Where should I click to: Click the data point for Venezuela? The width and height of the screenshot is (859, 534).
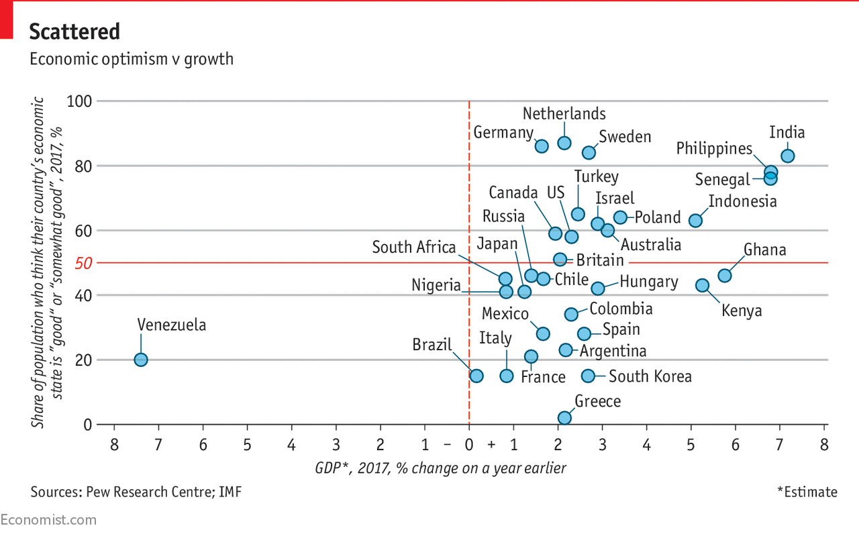tap(140, 360)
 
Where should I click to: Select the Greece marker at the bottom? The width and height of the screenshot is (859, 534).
tap(564, 418)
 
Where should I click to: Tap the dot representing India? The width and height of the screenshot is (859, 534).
tap(788, 156)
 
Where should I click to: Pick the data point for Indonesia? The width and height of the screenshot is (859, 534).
tap(695, 220)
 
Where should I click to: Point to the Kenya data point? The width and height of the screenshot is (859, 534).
tap(702, 285)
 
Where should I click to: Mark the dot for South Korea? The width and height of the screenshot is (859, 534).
tap(588, 376)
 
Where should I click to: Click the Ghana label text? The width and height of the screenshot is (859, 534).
tap(764, 250)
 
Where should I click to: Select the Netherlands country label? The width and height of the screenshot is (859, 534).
tap(564, 113)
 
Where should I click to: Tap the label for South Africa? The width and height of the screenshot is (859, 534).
tap(414, 247)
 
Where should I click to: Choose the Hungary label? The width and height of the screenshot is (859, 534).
tap(648, 282)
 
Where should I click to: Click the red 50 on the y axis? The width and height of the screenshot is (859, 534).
tap(83, 263)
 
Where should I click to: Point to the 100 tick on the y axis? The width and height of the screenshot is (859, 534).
tap(80, 101)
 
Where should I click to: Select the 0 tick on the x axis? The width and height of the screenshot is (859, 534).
tap(468, 445)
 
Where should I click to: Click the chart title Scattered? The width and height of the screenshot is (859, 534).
tap(74, 32)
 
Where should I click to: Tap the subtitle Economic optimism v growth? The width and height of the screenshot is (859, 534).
tap(131, 59)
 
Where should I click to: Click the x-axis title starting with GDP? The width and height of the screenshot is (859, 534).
tap(440, 468)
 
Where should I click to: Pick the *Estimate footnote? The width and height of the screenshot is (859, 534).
tap(807, 492)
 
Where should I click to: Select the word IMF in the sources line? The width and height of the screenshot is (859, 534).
tap(229, 492)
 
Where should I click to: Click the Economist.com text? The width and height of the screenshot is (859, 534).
tap(48, 520)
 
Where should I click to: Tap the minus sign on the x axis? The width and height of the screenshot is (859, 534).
tap(447, 445)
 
